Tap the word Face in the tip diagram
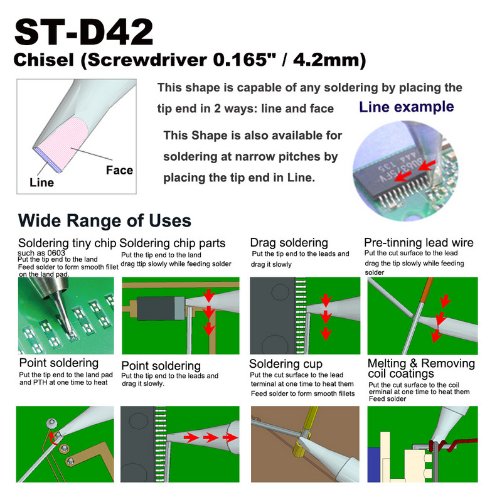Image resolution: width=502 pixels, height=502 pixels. click(x=119, y=170)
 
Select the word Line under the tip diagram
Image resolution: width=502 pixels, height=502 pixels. click(x=41, y=183)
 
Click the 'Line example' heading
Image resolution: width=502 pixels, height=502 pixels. click(x=406, y=107)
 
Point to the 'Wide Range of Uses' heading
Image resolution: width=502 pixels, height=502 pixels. click(x=105, y=221)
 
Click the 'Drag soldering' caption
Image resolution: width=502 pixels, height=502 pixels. click(x=289, y=242)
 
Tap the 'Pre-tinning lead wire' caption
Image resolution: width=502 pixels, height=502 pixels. click(x=419, y=242)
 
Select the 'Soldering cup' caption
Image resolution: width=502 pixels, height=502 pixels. click(x=286, y=364)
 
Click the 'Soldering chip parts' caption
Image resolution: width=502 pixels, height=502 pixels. click(x=173, y=243)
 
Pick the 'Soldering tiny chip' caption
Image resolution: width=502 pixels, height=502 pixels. click(x=67, y=243)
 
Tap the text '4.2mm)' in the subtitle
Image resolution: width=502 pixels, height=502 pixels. click(x=336, y=61)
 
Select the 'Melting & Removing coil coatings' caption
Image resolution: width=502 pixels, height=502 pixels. click(x=420, y=368)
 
